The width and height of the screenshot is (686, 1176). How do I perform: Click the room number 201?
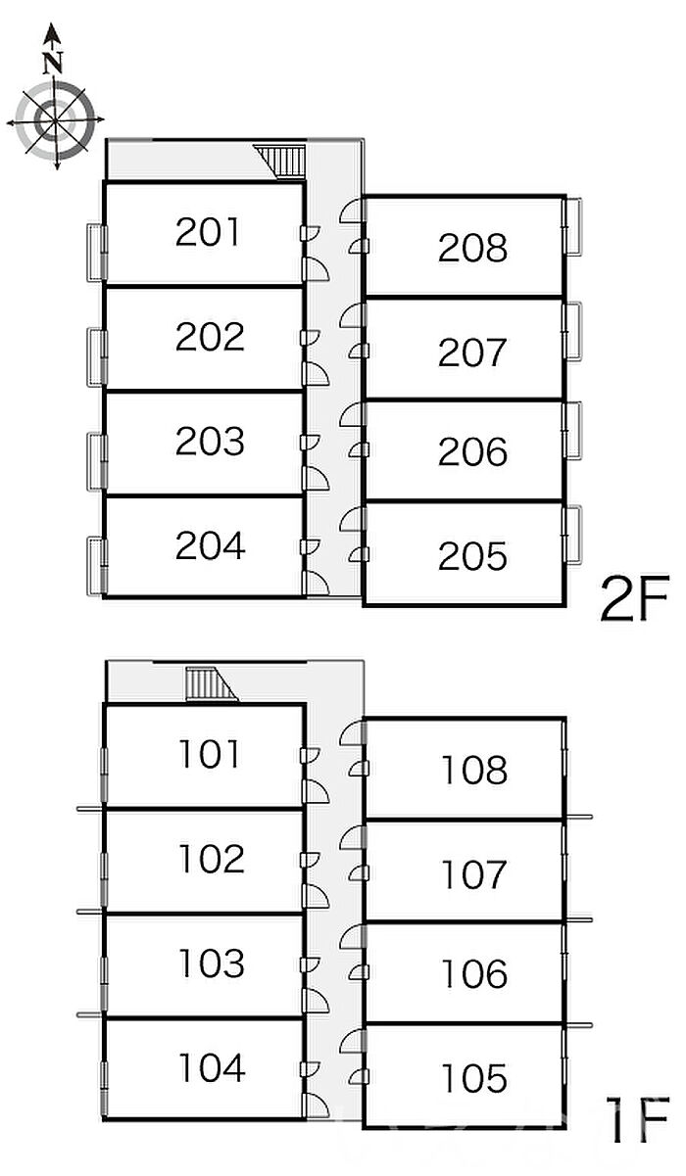pyautogui.click(x=208, y=232)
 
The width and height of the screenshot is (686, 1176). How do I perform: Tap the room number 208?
pyautogui.click(x=472, y=249)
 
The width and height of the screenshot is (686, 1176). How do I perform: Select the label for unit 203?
pyautogui.click(x=208, y=441)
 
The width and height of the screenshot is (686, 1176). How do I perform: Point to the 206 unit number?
pyautogui.click(x=472, y=452)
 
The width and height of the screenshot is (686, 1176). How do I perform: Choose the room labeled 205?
pyautogui.click(x=472, y=556)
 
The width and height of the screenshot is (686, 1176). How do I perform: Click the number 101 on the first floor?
pyautogui.click(x=210, y=754)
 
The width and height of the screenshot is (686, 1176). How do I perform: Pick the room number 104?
pyautogui.click(x=211, y=1066)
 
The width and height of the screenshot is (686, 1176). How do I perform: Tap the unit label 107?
pyautogui.click(x=473, y=873)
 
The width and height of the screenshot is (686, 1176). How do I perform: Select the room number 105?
pyautogui.click(x=473, y=1078)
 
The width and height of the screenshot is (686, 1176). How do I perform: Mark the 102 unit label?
pyautogui.click(x=211, y=859)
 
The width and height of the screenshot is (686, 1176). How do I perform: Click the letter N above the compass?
pyautogui.click(x=53, y=65)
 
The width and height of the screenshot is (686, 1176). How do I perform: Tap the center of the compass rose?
pyautogui.click(x=55, y=120)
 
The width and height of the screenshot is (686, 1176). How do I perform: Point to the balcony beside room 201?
pyautogui.click(x=95, y=253)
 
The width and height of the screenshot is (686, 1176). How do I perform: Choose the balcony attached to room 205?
pyautogui.click(x=574, y=533)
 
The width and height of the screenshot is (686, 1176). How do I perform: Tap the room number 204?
pyautogui.click(x=208, y=544)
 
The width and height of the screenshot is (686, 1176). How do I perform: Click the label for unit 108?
pyautogui.click(x=473, y=771)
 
